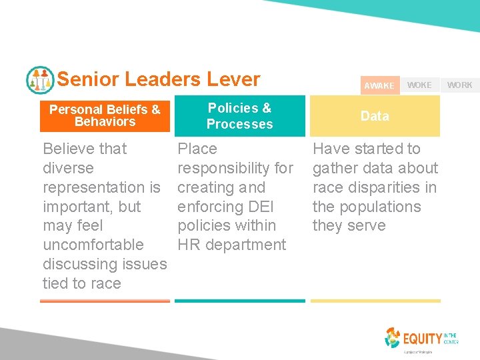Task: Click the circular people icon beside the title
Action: (x=40, y=80)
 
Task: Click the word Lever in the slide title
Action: (x=233, y=79)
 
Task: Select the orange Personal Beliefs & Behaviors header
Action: (x=105, y=115)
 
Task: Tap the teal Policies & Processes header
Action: (x=239, y=116)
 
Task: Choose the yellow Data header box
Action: (x=375, y=116)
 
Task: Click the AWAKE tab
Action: (x=379, y=85)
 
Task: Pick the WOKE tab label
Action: (x=419, y=85)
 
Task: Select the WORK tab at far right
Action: (x=459, y=85)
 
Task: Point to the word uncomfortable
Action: (x=93, y=245)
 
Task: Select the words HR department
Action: (x=231, y=245)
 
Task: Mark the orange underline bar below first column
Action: (x=105, y=301)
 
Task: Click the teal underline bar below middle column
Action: (x=239, y=301)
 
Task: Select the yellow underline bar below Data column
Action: (x=375, y=301)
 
